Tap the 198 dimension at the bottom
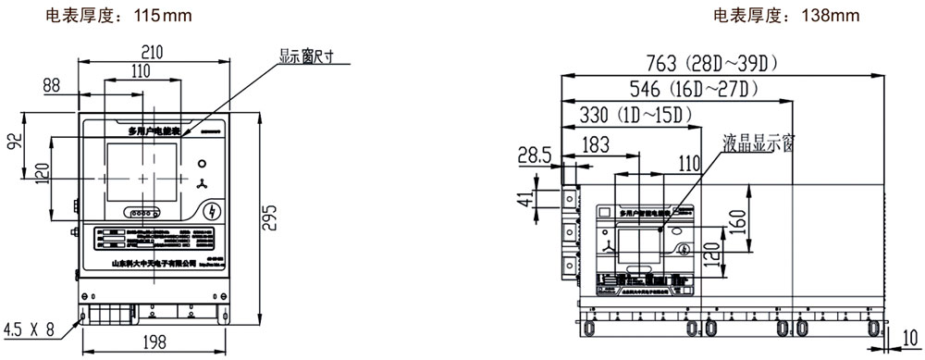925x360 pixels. (x=154, y=344)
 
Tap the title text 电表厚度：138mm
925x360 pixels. (x=786, y=16)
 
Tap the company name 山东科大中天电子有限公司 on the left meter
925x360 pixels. (x=154, y=264)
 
